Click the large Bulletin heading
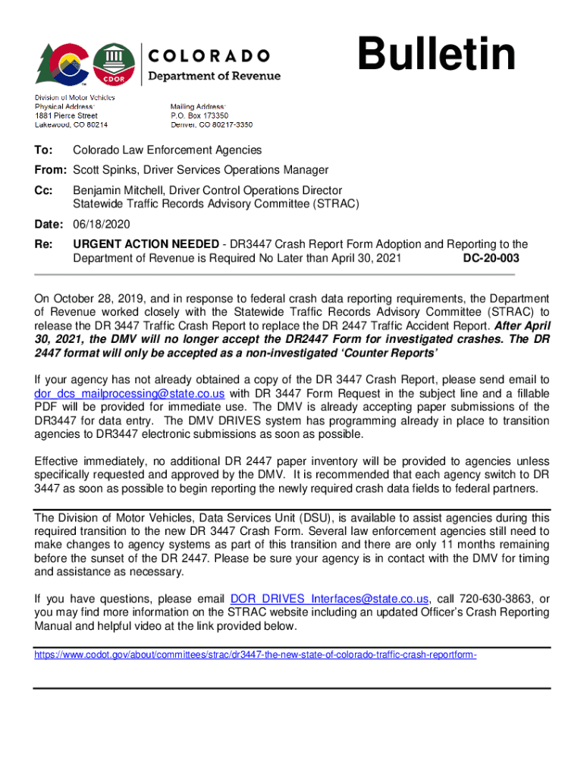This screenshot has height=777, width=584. coord(438,56)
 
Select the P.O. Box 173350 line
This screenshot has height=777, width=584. coord(199,115)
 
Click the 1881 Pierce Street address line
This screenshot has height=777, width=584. coord(66,115)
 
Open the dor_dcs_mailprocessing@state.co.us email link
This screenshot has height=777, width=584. coord(130,393)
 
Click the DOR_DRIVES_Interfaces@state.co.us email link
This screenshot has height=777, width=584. coord(330,598)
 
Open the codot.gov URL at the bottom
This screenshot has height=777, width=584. coord(256,651)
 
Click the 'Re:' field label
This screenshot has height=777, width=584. coord(43,244)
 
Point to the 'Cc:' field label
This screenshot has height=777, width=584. coord(43,190)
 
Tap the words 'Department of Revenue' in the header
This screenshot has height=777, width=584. coord(213,76)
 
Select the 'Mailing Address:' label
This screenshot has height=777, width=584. coord(198,106)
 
